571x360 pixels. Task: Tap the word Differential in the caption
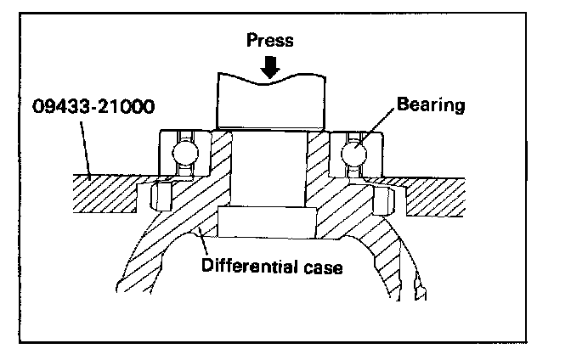pyautogui.click(x=244, y=267)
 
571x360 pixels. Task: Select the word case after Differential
pyautogui.click(x=321, y=267)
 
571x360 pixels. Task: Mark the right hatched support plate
pyautogui.click(x=433, y=192)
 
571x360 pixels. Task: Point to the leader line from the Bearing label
pyautogui.click(x=378, y=127)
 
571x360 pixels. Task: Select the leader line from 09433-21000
pyautogui.click(x=82, y=148)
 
